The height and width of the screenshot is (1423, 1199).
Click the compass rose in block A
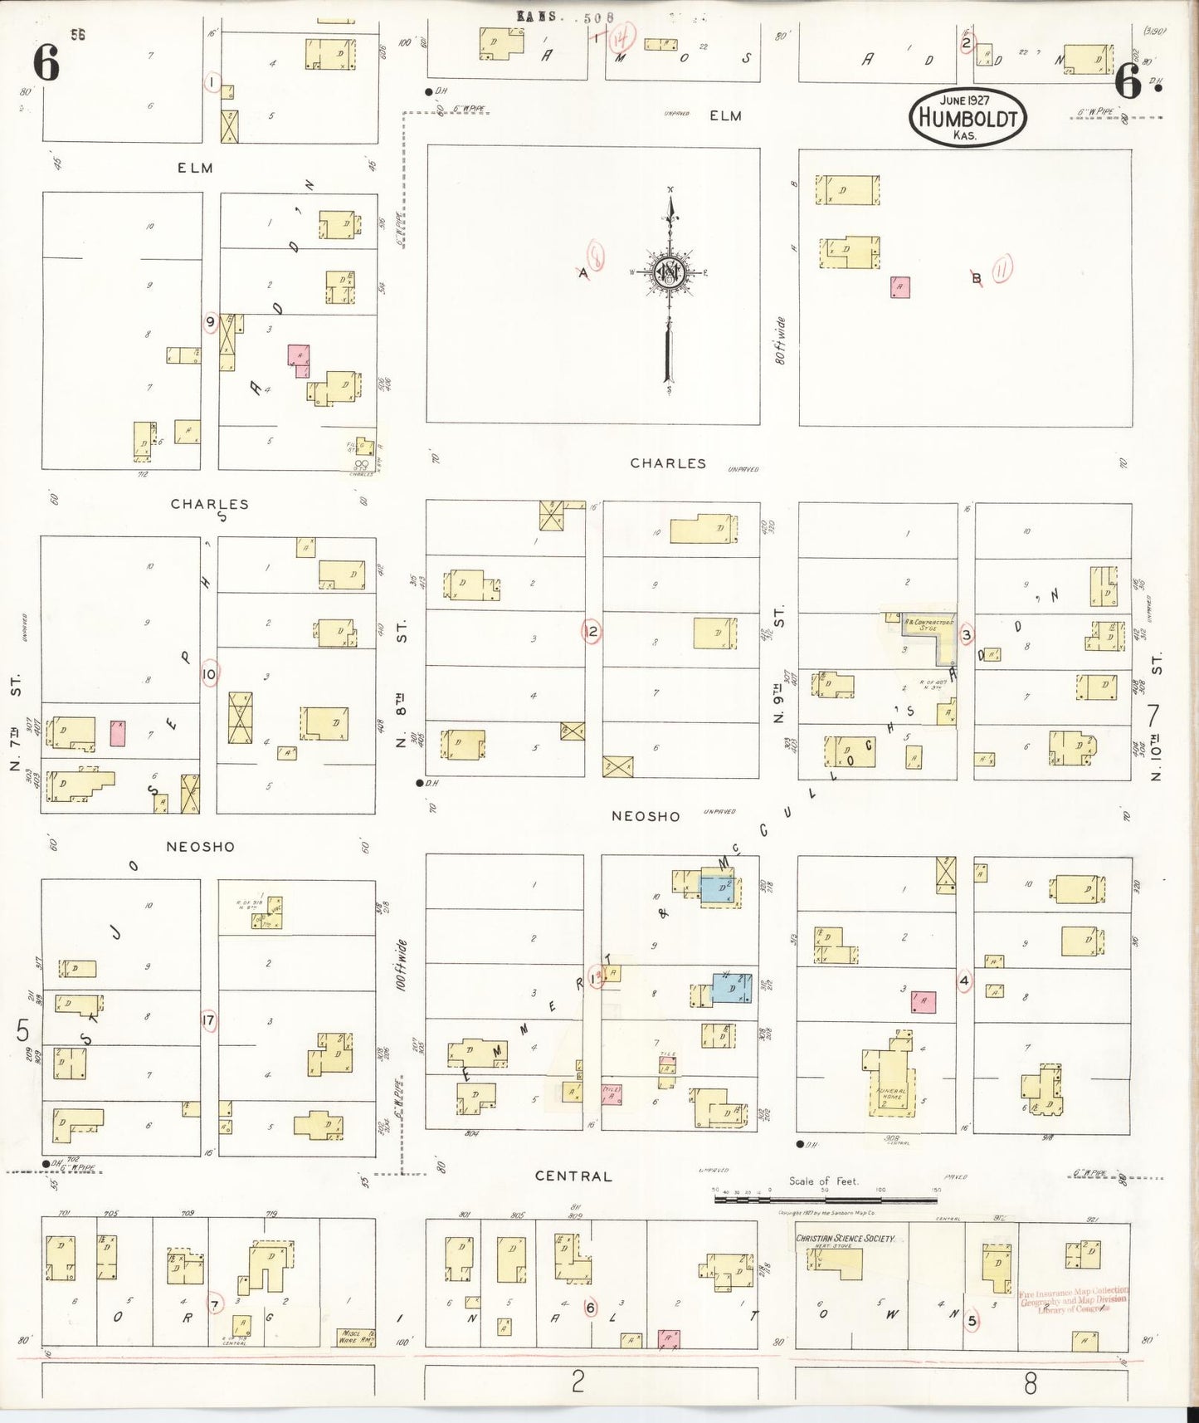pos(670,273)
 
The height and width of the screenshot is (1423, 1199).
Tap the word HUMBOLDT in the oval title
pos(967,118)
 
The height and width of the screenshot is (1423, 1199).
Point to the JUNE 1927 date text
pos(965,100)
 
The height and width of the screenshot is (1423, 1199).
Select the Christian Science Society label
pos(845,1239)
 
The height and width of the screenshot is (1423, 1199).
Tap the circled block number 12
pos(592,632)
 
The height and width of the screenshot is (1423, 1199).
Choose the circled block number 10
pos(208,674)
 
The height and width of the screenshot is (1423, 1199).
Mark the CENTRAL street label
pos(573,1176)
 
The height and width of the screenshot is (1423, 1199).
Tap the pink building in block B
pos(899,287)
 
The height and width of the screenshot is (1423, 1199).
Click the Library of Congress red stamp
pos(1074,1300)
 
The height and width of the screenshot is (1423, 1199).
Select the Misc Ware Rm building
pos(356,1337)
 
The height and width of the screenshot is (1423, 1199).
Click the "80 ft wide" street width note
pos(780,341)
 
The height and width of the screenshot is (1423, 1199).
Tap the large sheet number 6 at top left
pos(46,63)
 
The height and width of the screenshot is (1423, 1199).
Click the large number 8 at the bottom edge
pos(1030,1383)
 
